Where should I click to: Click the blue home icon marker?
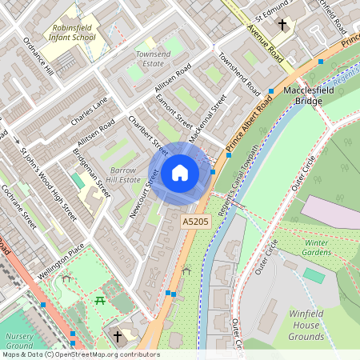pyautogui.click(x=180, y=172)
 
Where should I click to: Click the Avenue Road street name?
pyautogui.click(x=265, y=45)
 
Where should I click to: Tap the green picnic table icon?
pyautogui.click(x=101, y=300)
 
